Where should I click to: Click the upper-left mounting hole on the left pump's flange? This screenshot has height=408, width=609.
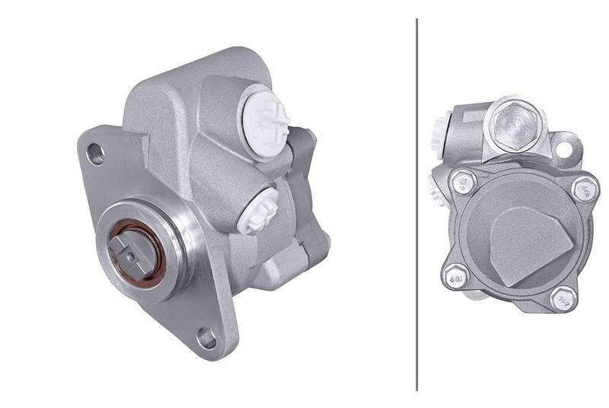pyautogui.click(x=95, y=155)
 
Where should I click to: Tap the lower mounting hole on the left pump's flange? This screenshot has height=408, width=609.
pyautogui.click(x=206, y=336)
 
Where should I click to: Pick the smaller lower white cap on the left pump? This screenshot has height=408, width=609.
pyautogui.click(x=258, y=211)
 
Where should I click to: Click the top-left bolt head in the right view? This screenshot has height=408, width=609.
pyautogui.click(x=462, y=181)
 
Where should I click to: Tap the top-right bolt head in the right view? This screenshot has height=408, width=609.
pyautogui.click(x=585, y=187)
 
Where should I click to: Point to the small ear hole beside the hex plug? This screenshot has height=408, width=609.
pyautogui.click(x=564, y=149)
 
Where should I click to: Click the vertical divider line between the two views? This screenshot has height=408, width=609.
pyautogui.click(x=417, y=204)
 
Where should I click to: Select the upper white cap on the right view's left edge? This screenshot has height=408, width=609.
pyautogui.click(x=438, y=126)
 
